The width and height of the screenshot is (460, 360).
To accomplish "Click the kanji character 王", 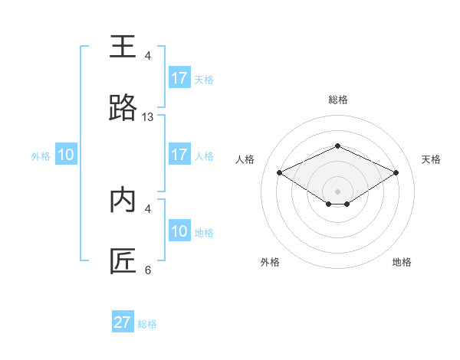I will (x=123, y=47).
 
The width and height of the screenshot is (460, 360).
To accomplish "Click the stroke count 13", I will (x=148, y=117).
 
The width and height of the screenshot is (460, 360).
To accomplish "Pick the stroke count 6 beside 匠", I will (x=148, y=270).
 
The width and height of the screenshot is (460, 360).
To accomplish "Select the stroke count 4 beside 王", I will (x=148, y=56).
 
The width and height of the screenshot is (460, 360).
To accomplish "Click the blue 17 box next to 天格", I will (x=179, y=78).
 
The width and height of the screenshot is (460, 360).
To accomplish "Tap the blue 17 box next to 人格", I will (x=179, y=155).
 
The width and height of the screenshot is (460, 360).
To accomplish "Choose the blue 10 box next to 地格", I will (x=179, y=231).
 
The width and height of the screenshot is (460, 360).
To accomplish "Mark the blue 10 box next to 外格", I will (x=66, y=155).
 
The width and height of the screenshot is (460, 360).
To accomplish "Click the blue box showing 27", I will (x=123, y=322).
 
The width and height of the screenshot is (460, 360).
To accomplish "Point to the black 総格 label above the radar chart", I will (x=338, y=100).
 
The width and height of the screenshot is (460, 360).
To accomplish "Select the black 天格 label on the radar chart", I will (x=431, y=159).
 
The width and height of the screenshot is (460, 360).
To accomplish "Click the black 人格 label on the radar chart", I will (x=245, y=159).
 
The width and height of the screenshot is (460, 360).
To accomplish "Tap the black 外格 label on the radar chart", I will (x=270, y=262).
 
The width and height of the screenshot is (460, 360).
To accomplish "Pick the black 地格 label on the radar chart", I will (x=402, y=262).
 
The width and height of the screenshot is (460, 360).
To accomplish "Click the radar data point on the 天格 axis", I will (x=396, y=172).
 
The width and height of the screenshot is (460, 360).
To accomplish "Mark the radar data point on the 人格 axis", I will (x=279, y=172).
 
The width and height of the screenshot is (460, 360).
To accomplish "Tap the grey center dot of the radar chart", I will (x=338, y=191).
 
